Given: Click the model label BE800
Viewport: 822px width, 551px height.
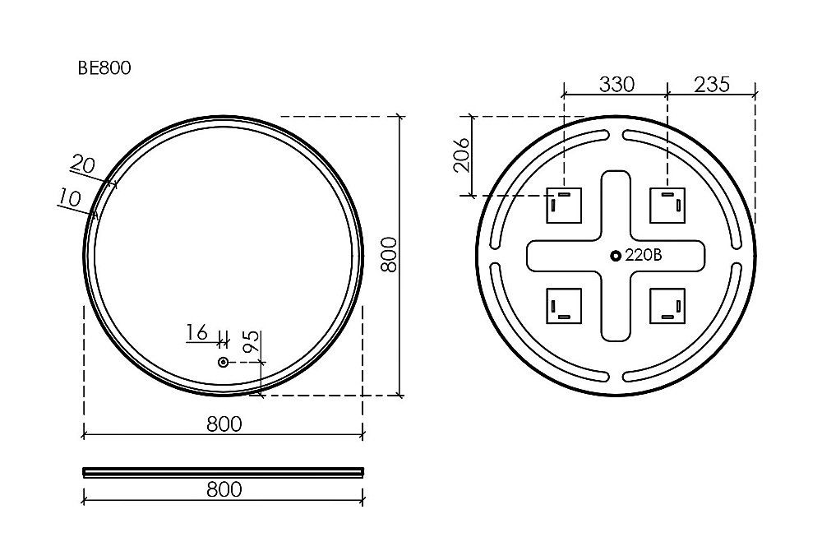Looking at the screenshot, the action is pos(104,68).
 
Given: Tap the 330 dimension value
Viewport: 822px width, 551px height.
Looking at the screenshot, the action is pos(616,84).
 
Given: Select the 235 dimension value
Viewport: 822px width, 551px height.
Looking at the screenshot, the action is pos(711,84).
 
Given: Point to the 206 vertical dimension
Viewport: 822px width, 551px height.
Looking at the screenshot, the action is pos(462,155).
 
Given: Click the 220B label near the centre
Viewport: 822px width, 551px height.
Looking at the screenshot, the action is pos(644,255).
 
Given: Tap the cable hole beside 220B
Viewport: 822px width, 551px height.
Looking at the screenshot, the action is pos(616,256).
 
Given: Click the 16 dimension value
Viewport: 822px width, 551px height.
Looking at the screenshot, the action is pos(196,332).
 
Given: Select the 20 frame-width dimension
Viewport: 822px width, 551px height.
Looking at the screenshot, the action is pos(83,164).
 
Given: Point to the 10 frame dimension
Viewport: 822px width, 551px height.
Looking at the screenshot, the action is pos(70,197).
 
